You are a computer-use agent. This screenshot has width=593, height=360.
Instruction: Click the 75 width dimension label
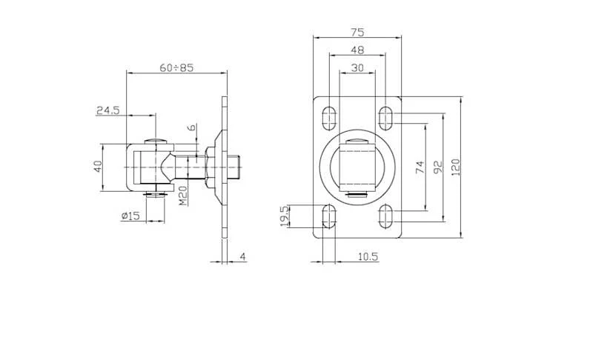coord(357,32)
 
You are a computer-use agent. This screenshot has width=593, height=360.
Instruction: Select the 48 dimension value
coord(357,50)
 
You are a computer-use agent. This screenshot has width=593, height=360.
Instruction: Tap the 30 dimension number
coord(357,67)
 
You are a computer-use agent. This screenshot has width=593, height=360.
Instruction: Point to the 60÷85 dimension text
coord(176,67)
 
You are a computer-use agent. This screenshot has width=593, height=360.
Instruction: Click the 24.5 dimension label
coord(108,110)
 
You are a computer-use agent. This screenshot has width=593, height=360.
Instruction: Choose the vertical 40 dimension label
coord(98,167)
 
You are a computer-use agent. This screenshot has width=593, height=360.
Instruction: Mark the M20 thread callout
coord(182,196)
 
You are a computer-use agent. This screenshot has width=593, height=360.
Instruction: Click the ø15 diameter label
coord(131,216)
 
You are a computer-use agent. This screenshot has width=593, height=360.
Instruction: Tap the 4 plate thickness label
coord(243,257)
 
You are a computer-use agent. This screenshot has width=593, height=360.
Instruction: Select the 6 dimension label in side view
coord(193,127)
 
